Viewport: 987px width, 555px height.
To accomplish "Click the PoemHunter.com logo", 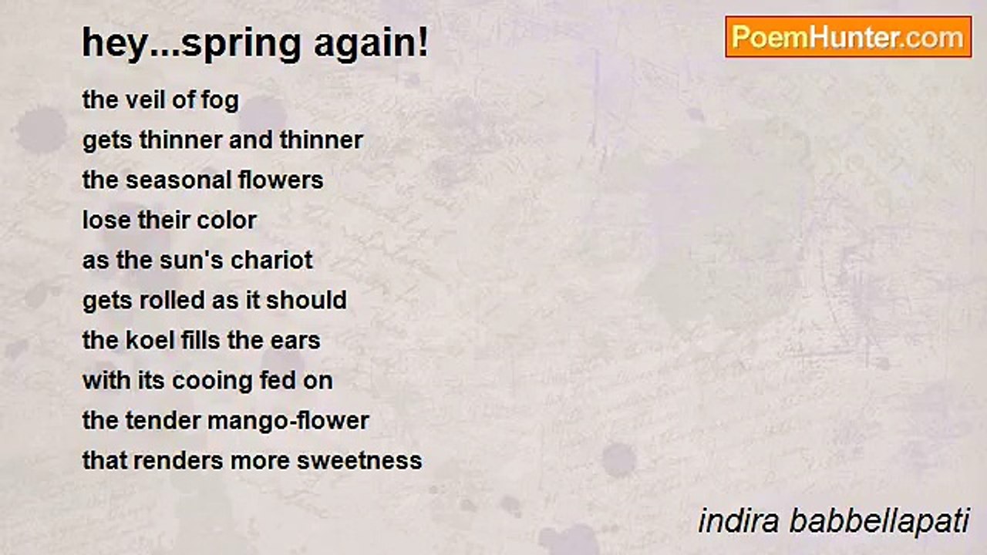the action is pos(848,37).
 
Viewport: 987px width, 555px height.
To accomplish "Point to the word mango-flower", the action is pos(288,422).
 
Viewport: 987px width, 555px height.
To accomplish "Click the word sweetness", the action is pos(359,462).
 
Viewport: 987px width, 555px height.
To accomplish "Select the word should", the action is pos(306,301).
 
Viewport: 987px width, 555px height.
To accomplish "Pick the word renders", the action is pos(178,461).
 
